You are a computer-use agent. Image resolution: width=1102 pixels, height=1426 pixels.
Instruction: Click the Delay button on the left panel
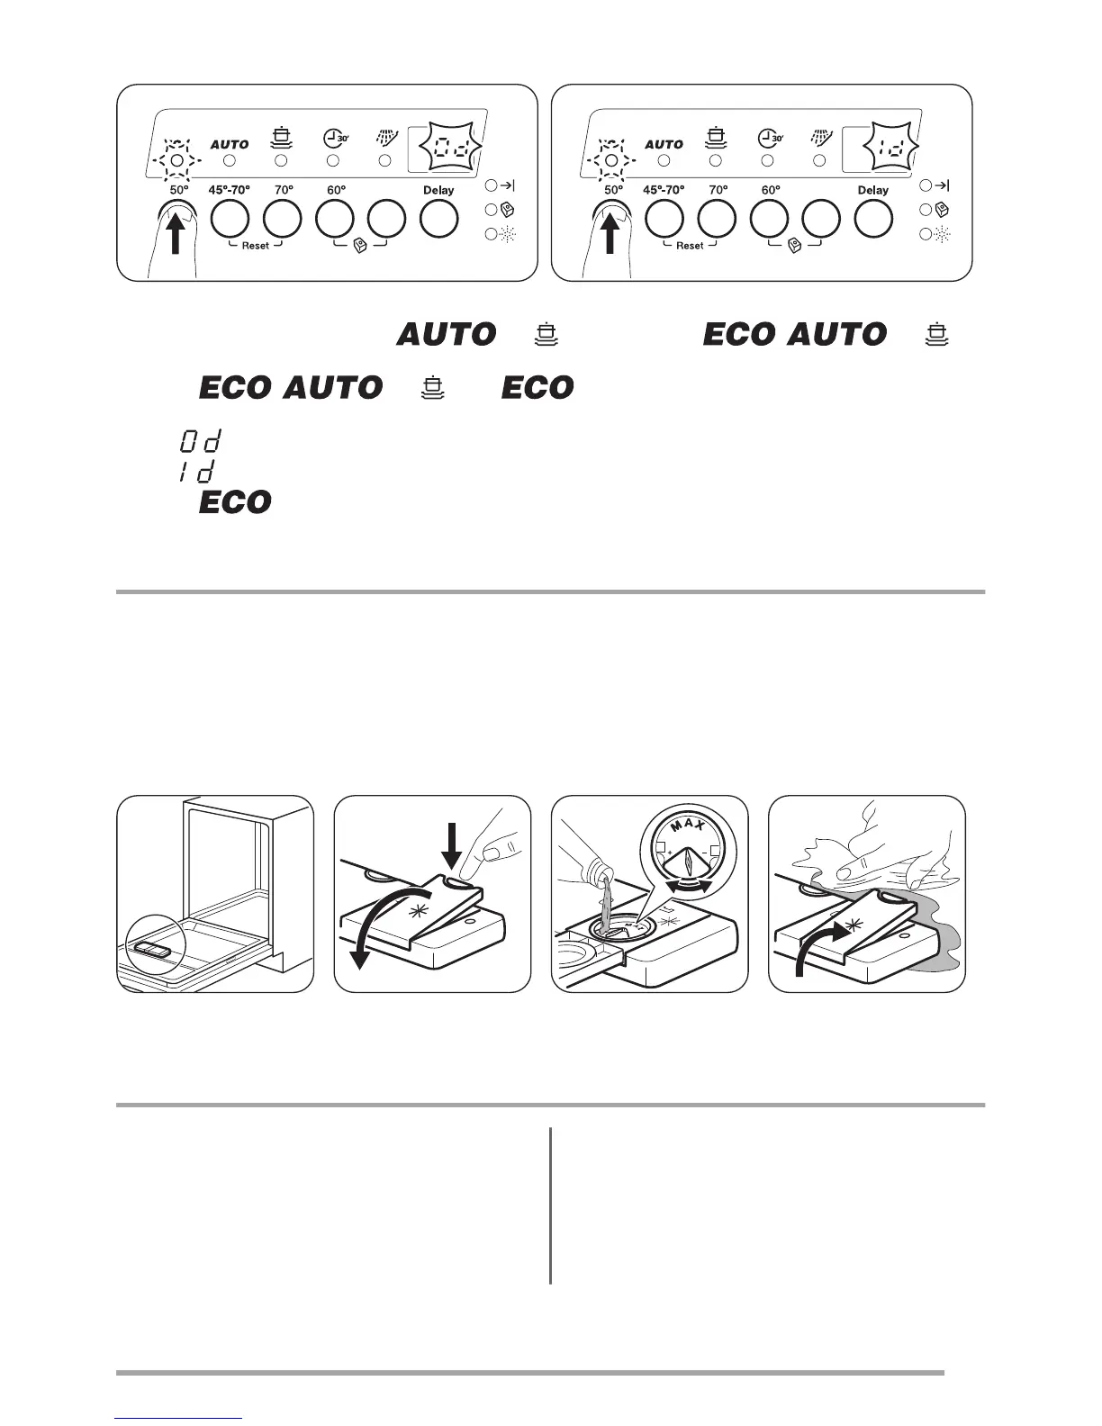[439, 219]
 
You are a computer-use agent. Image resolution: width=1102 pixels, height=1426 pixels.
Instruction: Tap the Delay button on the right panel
[873, 219]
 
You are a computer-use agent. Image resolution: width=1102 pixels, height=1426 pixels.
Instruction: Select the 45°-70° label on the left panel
[229, 191]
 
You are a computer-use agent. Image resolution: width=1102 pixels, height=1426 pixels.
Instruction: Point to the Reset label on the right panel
[690, 246]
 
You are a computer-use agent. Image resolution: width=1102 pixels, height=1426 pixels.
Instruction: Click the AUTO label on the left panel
[230, 144]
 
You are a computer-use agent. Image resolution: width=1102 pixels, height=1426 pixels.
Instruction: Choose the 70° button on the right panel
[717, 219]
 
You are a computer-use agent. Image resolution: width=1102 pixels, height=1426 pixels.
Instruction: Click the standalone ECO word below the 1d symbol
[235, 502]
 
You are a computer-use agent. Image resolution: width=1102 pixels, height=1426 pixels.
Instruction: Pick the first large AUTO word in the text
[447, 335]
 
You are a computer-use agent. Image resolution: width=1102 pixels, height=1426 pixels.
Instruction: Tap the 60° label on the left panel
[337, 191]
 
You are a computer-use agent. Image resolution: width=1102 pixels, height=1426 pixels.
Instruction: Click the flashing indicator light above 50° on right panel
[611, 160]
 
